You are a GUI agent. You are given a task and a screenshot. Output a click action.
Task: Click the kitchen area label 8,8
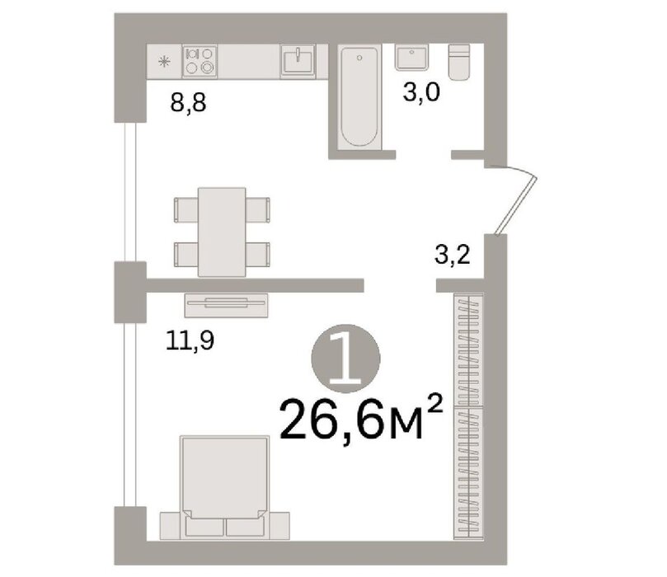188,102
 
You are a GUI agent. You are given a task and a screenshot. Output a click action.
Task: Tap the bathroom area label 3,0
421,92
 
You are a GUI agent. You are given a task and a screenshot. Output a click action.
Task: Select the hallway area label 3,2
452,256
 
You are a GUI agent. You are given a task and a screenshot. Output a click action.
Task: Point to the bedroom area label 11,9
190,341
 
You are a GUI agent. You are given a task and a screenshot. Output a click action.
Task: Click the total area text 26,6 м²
362,419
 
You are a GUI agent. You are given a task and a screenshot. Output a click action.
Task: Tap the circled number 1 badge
345,359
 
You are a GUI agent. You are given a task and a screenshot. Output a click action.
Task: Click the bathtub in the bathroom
359,97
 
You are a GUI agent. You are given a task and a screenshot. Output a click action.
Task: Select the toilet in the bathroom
459,62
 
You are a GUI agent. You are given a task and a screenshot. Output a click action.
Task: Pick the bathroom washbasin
411,59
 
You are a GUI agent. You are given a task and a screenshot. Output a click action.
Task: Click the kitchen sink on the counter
298,62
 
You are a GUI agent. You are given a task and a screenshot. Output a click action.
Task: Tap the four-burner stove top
200,61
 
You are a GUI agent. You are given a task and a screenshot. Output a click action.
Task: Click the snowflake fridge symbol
164,62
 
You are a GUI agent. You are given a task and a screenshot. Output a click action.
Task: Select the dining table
222,232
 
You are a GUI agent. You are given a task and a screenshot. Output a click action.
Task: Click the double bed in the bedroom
224,487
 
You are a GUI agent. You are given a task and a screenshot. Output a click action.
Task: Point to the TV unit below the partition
226,305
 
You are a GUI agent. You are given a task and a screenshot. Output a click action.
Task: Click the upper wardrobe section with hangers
468,349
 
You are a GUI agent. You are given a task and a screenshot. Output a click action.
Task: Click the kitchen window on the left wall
130,192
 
